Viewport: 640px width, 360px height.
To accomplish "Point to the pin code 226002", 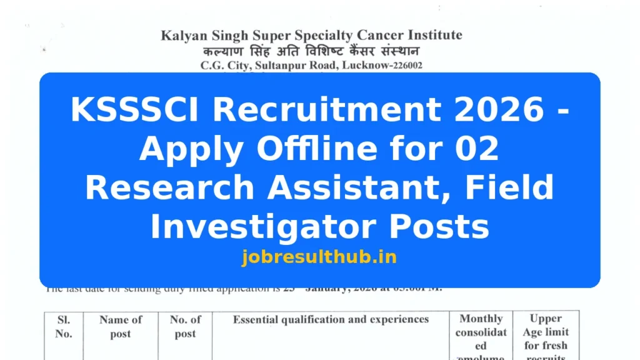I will [x=404, y=65].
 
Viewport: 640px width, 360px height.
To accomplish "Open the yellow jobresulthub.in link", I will [x=319, y=257].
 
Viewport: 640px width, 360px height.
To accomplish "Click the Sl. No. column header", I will [x=63, y=326].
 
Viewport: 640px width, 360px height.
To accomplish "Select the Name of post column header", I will [x=121, y=326].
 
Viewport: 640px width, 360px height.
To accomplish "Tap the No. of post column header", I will [x=185, y=326].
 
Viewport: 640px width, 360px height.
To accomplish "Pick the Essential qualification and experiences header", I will [x=331, y=319].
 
